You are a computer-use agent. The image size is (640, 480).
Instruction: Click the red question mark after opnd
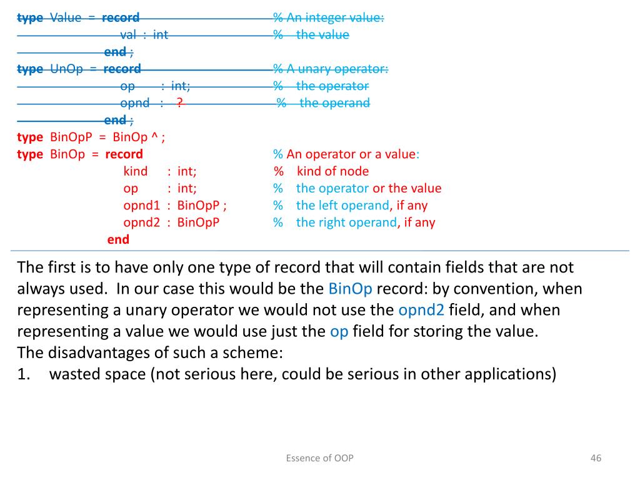[179, 103]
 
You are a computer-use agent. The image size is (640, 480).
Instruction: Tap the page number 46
[595, 458]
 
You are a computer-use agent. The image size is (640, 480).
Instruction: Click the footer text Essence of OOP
[319, 458]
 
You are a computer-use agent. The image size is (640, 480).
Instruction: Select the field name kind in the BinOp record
[136, 171]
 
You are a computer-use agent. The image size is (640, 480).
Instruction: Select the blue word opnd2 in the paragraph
[421, 310]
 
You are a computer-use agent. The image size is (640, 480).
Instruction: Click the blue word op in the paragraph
[339, 331]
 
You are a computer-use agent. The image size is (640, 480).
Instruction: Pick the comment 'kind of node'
[332, 171]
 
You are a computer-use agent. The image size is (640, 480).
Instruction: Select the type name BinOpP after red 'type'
[70, 137]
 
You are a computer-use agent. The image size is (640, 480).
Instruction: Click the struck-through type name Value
[66, 17]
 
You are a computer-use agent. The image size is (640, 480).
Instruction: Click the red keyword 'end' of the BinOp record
[118, 239]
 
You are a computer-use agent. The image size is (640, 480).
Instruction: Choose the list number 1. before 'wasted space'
[24, 374]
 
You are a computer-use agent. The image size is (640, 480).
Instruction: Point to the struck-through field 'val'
[128, 35]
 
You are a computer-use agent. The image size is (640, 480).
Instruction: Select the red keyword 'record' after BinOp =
[124, 154]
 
